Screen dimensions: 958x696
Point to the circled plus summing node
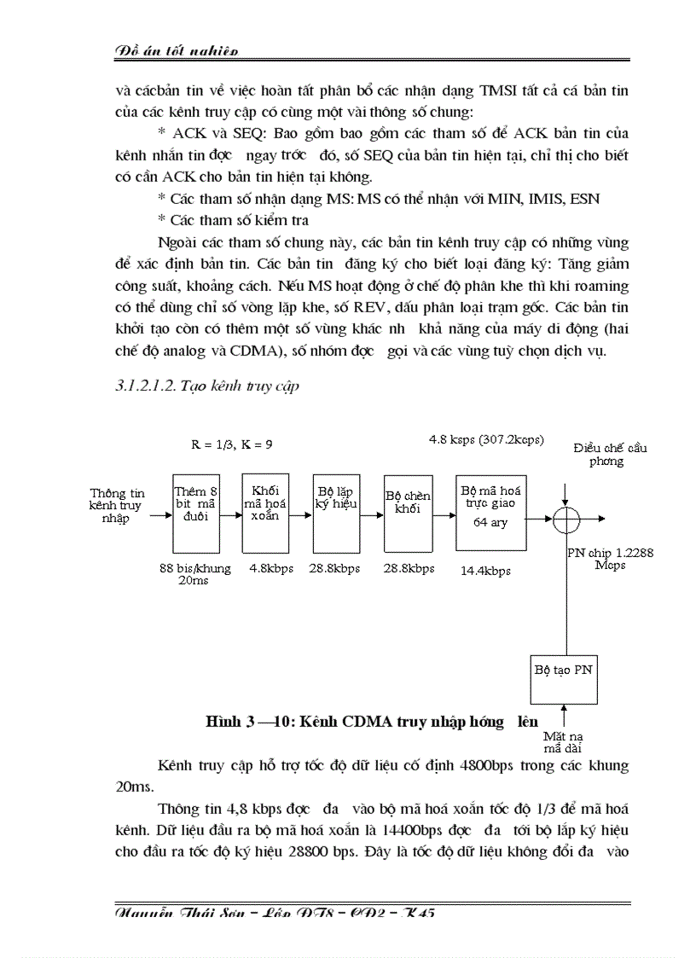click(565, 517)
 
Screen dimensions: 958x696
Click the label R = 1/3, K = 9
click(232, 444)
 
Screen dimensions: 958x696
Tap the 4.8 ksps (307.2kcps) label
click(485, 439)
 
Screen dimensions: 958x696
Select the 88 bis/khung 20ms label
click(195, 574)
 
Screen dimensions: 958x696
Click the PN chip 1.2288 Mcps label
click(611, 559)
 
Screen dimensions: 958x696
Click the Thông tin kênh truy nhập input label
click(118, 505)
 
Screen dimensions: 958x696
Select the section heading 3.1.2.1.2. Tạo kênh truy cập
click(207, 386)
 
